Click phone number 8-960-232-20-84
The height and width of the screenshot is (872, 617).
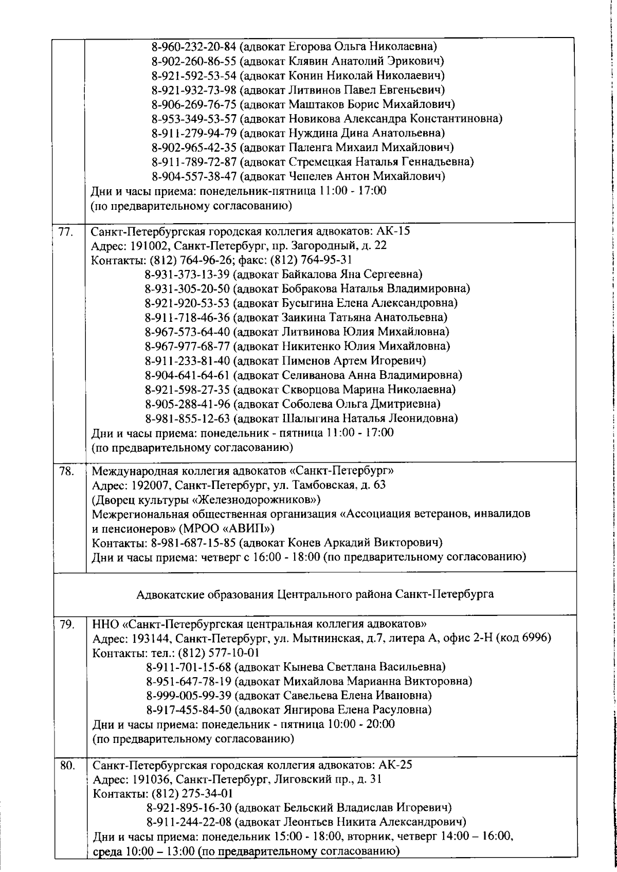pyautogui.click(x=194, y=47)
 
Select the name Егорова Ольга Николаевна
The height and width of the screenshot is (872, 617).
pyautogui.click(x=358, y=47)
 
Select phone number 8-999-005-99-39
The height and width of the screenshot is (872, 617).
pyautogui.click(x=189, y=696)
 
